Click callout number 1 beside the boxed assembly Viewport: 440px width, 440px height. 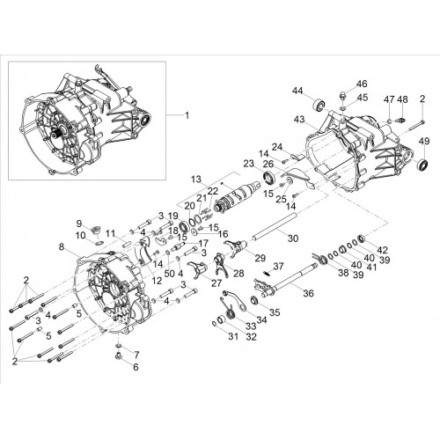point(187,115)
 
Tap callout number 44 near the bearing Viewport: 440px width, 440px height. point(297,92)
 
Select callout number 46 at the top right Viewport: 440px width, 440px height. point(362,84)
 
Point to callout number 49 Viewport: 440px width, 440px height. point(424,141)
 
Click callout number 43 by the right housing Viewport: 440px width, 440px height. point(299,120)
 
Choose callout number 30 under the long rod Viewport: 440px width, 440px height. point(293,238)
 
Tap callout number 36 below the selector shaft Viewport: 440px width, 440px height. point(308,293)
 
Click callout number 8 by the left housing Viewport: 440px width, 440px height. point(61,247)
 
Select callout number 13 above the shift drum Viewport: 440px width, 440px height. point(197,180)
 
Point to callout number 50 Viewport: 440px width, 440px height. point(169,274)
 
